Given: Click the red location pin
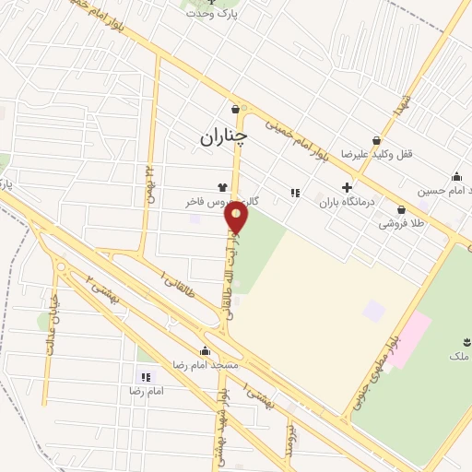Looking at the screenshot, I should point(238,218).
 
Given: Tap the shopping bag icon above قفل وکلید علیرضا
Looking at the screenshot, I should point(376,139).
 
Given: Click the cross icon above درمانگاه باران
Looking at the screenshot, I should point(347,187).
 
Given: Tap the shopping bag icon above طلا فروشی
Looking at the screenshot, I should point(401,209).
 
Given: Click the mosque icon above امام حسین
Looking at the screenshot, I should point(456,177).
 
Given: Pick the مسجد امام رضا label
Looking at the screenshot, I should point(203,365).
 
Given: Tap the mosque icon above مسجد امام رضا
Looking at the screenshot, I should point(205,350).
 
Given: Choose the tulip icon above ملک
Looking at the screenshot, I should point(459,341).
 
